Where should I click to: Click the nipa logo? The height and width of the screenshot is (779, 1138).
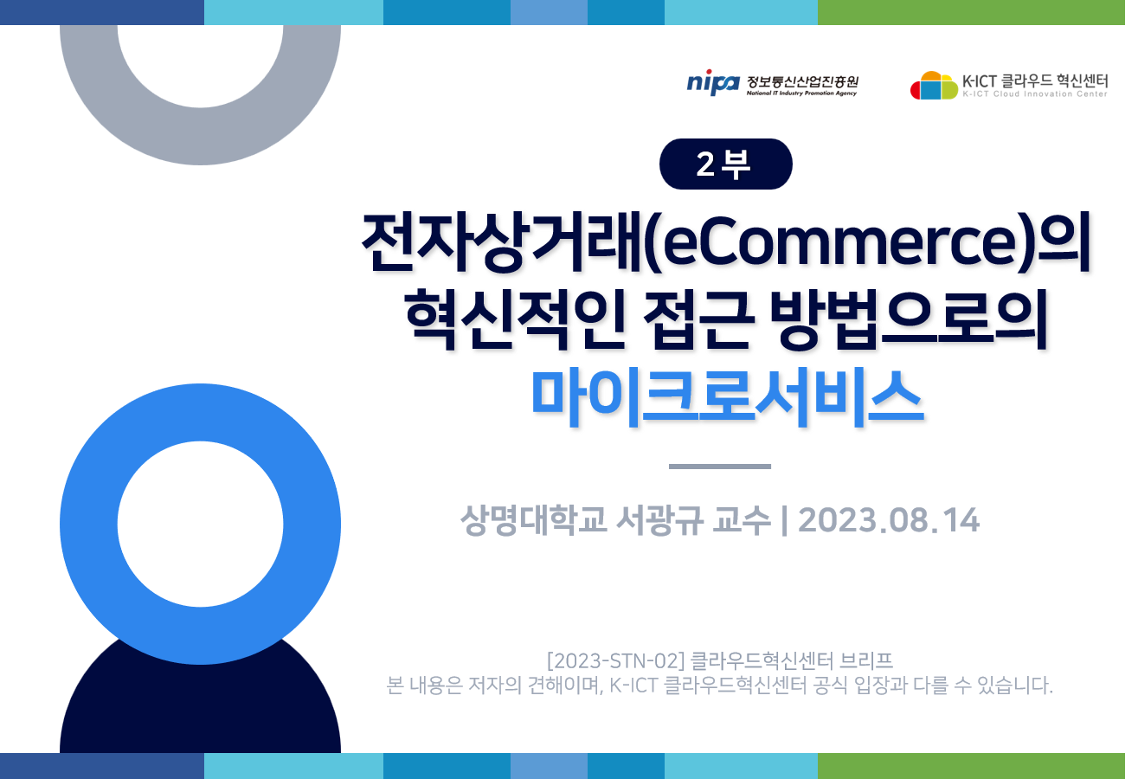coord(713,82)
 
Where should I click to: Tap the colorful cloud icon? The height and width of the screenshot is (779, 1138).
coord(934,86)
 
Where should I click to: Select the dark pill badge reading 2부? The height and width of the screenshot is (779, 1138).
coord(725,164)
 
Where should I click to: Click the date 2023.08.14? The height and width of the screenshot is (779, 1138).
coord(889,520)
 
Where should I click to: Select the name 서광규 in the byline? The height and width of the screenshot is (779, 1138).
coord(659,520)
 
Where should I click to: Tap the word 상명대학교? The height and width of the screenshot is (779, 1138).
coord(533,520)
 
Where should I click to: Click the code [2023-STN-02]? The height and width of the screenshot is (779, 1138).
coord(616,661)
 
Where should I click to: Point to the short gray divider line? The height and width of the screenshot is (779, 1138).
coord(720,466)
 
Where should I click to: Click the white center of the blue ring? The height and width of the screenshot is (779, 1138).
coord(200,524)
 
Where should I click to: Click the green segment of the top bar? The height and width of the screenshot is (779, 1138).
coord(971,12)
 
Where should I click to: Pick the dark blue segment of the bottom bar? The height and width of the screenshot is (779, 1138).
coord(102,766)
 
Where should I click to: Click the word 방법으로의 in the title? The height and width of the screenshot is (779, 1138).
coord(909,319)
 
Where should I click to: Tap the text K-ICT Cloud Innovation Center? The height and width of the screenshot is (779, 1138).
coord(1035,94)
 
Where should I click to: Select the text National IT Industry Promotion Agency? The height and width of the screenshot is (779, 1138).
coord(801,93)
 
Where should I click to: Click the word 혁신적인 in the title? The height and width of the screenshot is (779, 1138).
coord(515,319)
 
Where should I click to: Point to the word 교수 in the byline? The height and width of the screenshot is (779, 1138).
coord(742,520)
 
